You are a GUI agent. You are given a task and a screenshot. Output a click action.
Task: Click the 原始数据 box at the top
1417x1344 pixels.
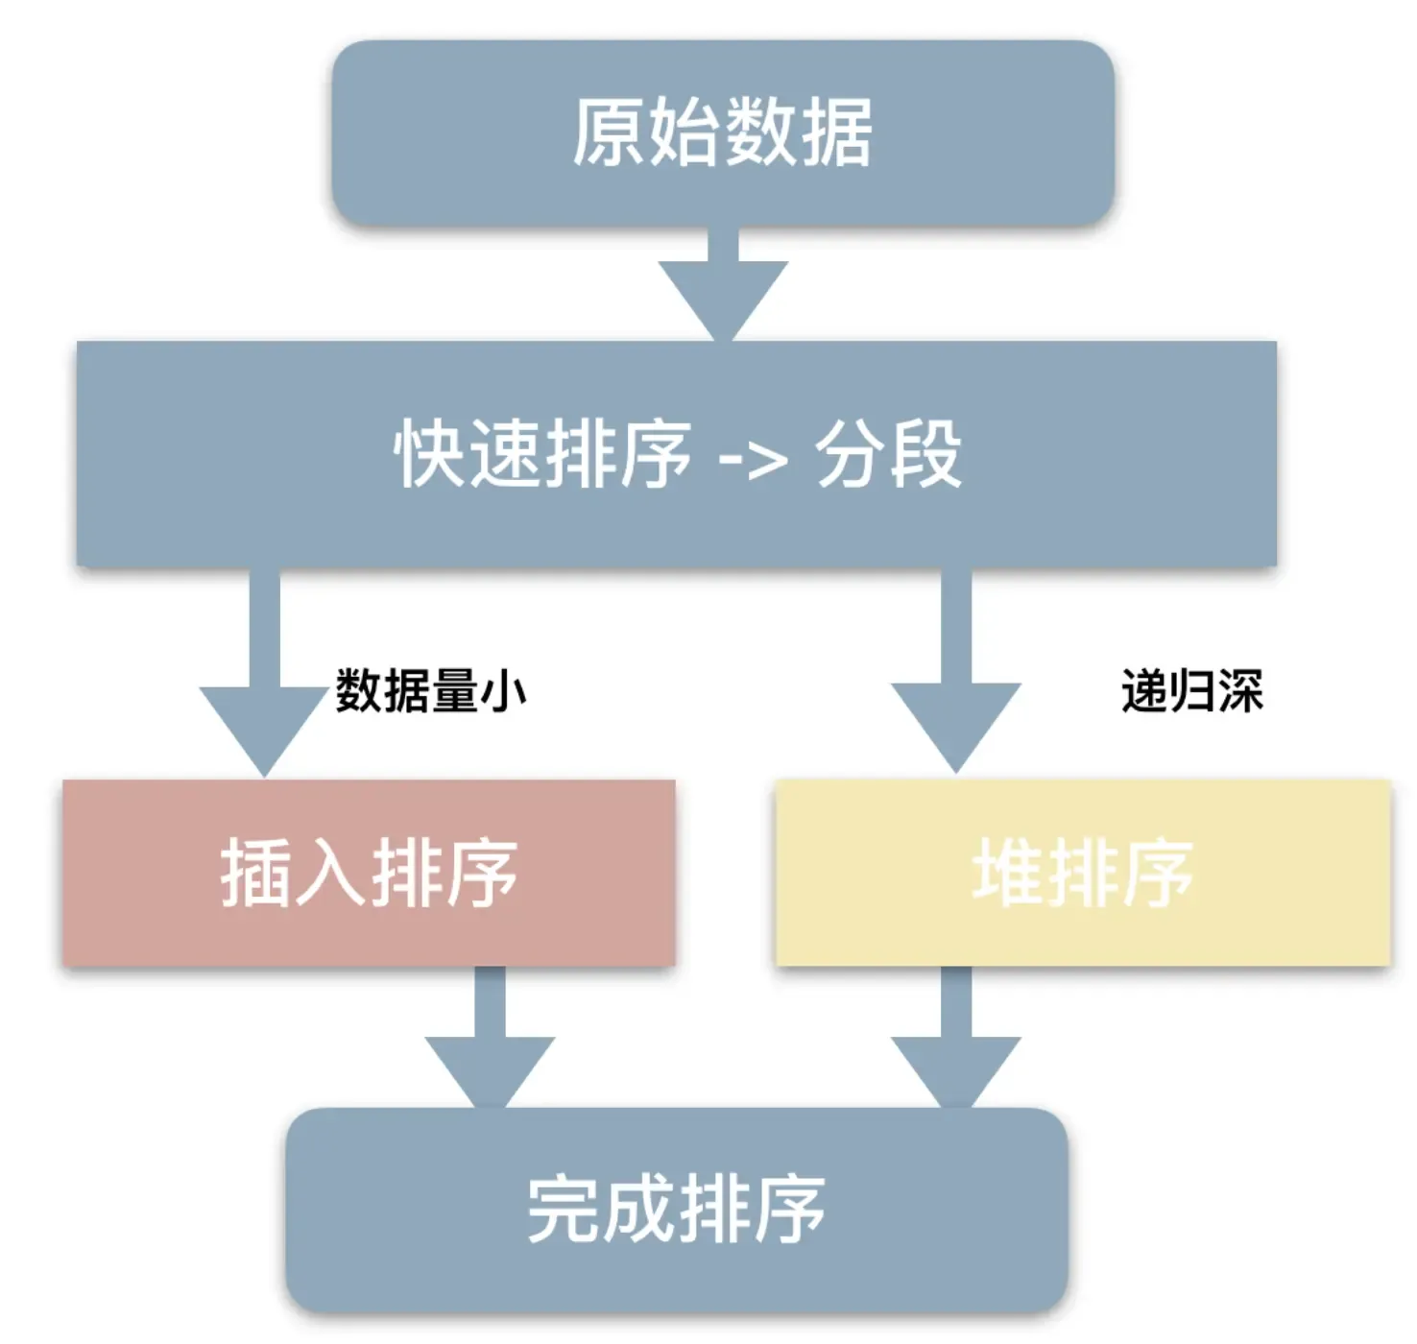(722, 132)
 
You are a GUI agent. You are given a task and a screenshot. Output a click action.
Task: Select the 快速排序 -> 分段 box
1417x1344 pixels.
(676, 453)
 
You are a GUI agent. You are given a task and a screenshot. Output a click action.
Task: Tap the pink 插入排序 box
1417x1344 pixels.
(369, 872)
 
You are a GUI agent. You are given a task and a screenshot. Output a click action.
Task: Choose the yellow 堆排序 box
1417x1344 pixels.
(1083, 872)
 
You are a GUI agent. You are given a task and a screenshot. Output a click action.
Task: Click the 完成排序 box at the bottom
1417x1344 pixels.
(676, 1210)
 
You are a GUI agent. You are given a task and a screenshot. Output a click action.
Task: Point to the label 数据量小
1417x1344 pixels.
(430, 691)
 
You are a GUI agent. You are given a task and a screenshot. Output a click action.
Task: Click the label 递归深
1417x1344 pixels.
(1191, 691)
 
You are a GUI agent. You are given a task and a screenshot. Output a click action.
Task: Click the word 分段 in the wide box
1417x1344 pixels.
(888, 454)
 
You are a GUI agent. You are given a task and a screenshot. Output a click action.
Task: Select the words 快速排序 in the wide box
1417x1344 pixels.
(542, 454)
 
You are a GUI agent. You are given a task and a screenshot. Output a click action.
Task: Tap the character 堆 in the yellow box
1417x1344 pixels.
(1008, 872)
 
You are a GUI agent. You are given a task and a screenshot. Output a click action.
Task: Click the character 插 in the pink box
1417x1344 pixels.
(256, 872)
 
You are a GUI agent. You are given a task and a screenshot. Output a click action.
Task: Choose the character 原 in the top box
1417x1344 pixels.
(609, 132)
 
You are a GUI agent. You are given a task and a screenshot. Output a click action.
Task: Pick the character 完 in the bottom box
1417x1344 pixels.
(564, 1210)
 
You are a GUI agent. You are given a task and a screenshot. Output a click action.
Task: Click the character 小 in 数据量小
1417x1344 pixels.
(504, 691)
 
